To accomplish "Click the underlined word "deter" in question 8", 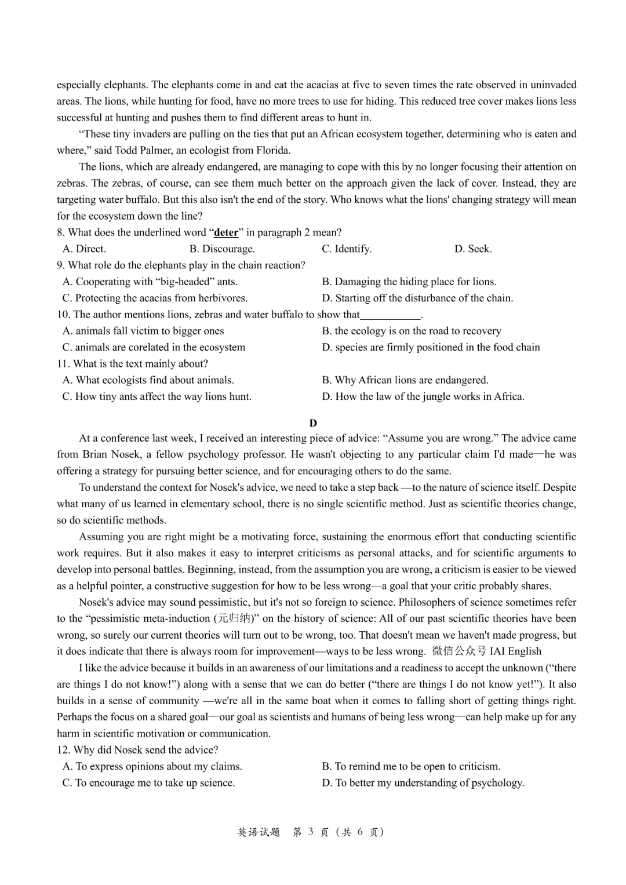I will click(226, 232).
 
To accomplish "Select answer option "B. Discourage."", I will click(222, 249).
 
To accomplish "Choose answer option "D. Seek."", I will click(473, 249).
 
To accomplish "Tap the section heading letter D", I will click(313, 423).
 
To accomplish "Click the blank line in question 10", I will click(391, 315).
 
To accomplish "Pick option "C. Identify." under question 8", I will click(347, 249).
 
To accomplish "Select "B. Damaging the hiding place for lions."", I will click(409, 282).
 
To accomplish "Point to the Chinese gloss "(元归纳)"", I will click(236, 618).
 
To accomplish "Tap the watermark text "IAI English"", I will click(515, 651).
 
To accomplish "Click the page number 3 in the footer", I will click(311, 832).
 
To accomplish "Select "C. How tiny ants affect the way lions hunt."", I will click(157, 396).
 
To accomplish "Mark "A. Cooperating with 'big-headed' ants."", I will click(150, 282).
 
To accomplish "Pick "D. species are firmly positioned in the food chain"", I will click(431, 347).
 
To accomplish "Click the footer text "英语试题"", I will click(259, 832).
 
